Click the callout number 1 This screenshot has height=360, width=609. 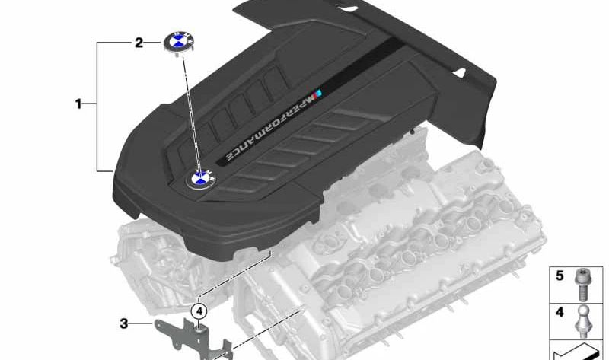pos(78,104)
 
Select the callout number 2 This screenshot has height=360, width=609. pos(139,43)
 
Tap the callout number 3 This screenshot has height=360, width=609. pos(124,323)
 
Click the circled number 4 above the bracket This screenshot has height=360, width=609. pos(199,311)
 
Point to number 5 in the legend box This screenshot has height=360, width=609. pos(560,276)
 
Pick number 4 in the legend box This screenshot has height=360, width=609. pos(560,312)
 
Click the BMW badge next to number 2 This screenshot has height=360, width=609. pos(179,42)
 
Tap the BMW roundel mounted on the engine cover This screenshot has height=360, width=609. pos(201,179)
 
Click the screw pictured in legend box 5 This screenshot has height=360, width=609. pos(582,285)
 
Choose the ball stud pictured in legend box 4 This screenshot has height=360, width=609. pos(582,321)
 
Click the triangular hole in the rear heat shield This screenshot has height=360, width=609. pos(460,72)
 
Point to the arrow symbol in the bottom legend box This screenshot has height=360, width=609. pos(576,352)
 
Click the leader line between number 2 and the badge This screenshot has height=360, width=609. pos(153,42)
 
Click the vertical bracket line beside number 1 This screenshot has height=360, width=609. pos(97,107)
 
